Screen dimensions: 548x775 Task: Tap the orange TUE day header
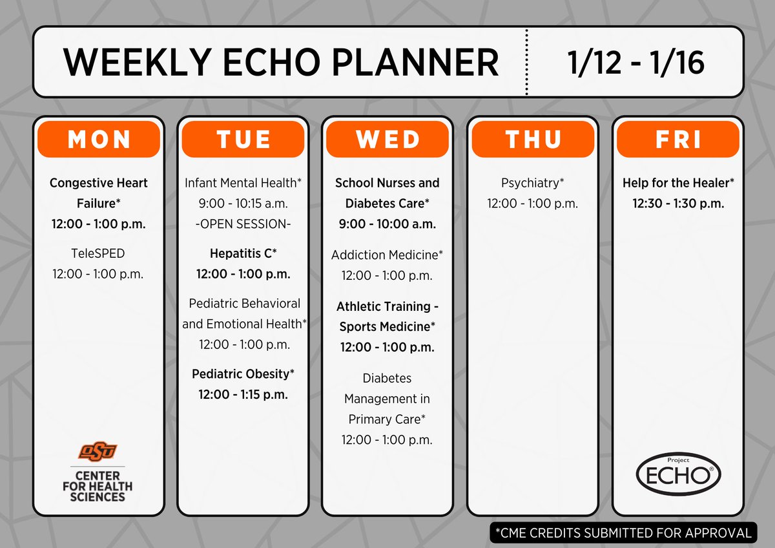tap(243, 139)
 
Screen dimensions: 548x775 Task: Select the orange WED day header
tap(387, 139)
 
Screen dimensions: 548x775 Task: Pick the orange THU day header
tap(532, 139)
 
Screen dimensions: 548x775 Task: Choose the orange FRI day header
tap(677, 139)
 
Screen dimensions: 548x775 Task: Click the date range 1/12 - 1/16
tap(635, 63)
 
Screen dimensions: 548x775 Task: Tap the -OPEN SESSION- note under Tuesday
tap(243, 224)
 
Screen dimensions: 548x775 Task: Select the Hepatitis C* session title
tap(243, 253)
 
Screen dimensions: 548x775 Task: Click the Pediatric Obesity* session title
tap(243, 374)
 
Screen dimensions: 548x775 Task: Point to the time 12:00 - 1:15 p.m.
tap(243, 394)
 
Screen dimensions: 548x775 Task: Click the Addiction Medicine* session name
tap(387, 255)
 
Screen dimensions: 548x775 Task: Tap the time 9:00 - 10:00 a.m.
tap(387, 224)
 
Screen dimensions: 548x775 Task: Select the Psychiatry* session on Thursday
tap(532, 183)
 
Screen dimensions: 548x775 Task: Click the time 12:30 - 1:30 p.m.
tap(677, 204)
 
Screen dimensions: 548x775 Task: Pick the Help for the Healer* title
tap(677, 183)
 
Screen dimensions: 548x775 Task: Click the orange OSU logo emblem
tap(98, 450)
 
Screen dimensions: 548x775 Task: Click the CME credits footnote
tap(623, 533)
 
